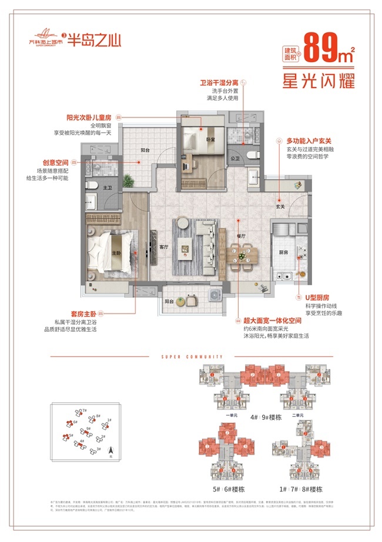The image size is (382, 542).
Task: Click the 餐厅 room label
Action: (x=241, y=236)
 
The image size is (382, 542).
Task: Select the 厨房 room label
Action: (x=283, y=252)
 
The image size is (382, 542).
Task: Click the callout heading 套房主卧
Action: (x=80, y=315)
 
